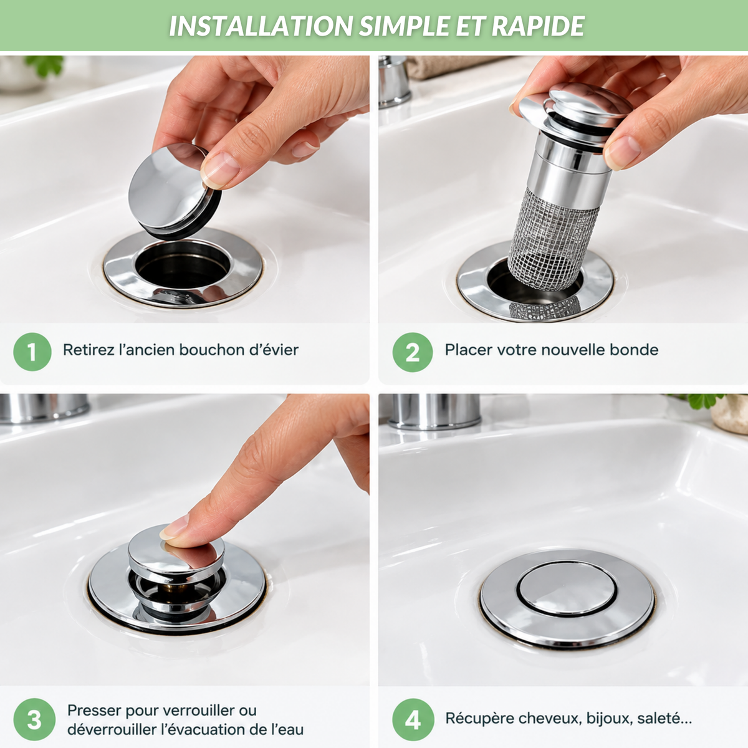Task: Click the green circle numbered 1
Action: pos(32,352)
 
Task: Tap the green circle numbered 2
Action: pos(412,352)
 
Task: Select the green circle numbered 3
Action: pos(34,719)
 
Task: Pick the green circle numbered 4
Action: pos(413,719)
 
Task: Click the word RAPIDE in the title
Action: pos(538,26)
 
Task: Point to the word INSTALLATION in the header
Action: pos(261,26)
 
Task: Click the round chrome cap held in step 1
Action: pos(174,191)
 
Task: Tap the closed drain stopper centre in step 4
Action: pos(567,588)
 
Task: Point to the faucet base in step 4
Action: pos(434,411)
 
